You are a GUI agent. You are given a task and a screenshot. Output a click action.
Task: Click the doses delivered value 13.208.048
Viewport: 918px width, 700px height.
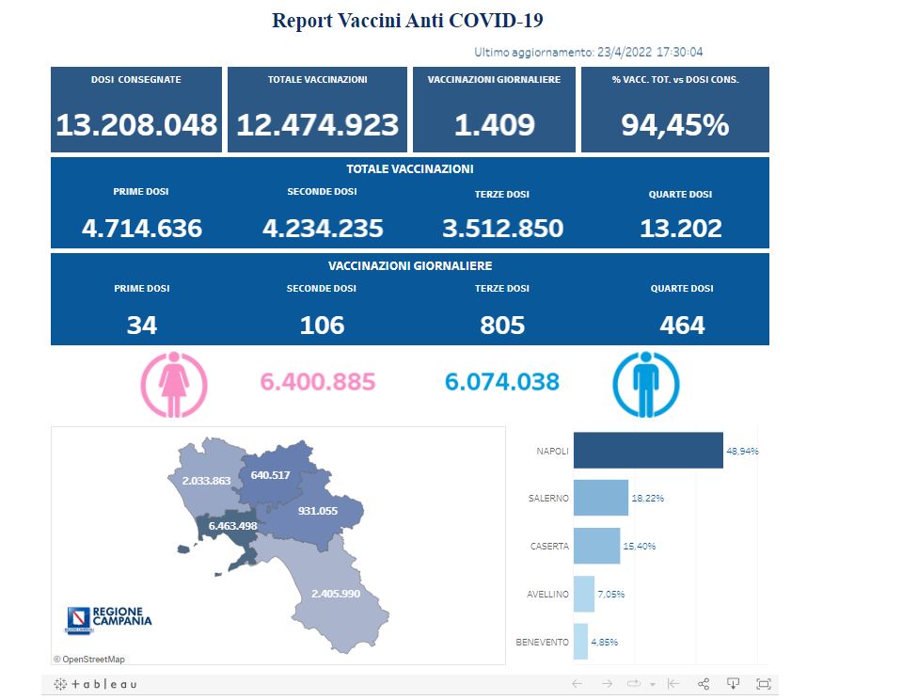click(136, 124)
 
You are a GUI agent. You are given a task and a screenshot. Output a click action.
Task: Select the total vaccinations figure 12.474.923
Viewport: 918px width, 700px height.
click(318, 124)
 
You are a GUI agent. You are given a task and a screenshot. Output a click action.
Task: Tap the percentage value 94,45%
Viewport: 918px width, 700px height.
click(674, 124)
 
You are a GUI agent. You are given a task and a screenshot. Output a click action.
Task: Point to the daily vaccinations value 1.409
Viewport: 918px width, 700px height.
click(494, 124)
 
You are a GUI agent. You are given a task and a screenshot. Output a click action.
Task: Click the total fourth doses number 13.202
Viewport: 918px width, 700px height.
click(680, 228)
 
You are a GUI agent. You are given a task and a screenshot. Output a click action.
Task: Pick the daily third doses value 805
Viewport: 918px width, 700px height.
click(501, 325)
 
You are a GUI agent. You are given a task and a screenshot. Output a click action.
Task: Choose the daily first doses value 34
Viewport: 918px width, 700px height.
click(142, 325)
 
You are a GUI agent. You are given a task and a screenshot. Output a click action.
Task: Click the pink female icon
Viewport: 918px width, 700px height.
click(173, 384)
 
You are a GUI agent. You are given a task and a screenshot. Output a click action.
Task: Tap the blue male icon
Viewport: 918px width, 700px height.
click(646, 384)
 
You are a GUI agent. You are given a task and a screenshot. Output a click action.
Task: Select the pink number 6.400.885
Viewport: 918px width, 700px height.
click(317, 382)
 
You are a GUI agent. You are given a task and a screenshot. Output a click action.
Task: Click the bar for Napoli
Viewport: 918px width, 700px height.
click(647, 451)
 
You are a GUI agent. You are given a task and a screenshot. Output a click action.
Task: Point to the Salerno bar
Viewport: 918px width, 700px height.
click(600, 498)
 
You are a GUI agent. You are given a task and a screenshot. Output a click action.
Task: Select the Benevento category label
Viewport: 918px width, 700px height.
click(542, 642)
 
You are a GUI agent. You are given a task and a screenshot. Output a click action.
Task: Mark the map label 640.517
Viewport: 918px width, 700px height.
click(270, 475)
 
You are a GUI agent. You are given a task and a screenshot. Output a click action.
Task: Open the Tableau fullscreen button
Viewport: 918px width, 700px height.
click(763, 683)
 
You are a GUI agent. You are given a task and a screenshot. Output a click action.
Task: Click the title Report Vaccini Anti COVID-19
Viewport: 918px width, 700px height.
click(407, 21)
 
